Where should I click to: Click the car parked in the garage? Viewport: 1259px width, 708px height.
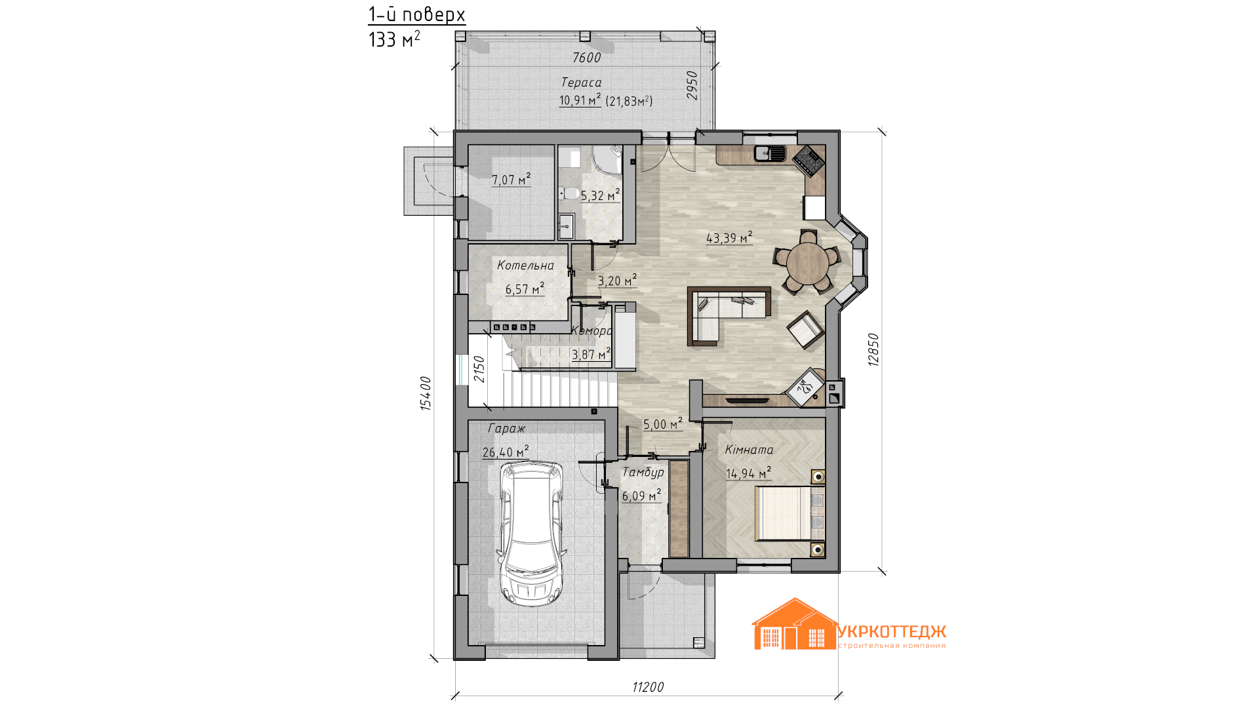530,534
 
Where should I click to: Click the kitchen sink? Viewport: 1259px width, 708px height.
770,153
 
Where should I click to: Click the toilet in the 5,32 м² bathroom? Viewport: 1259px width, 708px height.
569,193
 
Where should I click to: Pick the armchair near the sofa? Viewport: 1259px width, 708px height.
805,330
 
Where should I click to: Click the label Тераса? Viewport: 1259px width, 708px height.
581,82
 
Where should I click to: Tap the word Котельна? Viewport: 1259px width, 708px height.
525,265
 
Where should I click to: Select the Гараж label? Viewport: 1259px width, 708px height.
506,428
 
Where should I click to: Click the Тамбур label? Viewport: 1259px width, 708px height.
643,472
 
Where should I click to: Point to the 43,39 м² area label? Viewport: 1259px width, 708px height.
729,238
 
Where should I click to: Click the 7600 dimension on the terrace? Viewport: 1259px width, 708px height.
586,58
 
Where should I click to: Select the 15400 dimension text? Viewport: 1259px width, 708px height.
426,393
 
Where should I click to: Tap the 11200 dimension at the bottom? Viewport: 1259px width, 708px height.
648,687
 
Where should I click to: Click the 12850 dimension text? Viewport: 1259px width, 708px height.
873,349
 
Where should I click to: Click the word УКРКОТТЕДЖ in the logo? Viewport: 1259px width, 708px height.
892,631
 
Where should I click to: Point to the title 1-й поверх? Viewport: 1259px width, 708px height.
416,14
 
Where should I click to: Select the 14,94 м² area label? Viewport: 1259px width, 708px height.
748,473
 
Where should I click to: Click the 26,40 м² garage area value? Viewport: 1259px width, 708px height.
506,452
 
